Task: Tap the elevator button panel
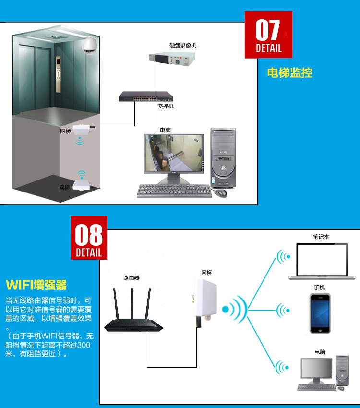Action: tap(58, 74)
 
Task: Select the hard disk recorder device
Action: tap(172, 60)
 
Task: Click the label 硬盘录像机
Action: tap(183, 45)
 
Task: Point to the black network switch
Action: tap(146, 96)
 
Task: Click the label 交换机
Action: tap(166, 106)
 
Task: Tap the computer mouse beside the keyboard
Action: tap(220, 193)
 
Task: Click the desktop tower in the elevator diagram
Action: tap(223, 158)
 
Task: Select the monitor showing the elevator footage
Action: tap(174, 158)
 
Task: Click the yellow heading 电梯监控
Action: tap(290, 72)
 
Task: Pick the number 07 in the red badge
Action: tap(268, 30)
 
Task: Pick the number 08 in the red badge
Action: tap(89, 235)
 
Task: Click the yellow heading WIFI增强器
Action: tap(36, 285)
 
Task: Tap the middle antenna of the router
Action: tap(132, 303)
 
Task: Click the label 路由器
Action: tap(132, 278)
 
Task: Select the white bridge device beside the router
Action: tap(205, 301)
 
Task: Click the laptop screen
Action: tap(322, 260)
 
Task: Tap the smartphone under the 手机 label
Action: tap(320, 313)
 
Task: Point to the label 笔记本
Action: tap(321, 237)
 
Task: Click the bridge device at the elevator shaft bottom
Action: tap(82, 185)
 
